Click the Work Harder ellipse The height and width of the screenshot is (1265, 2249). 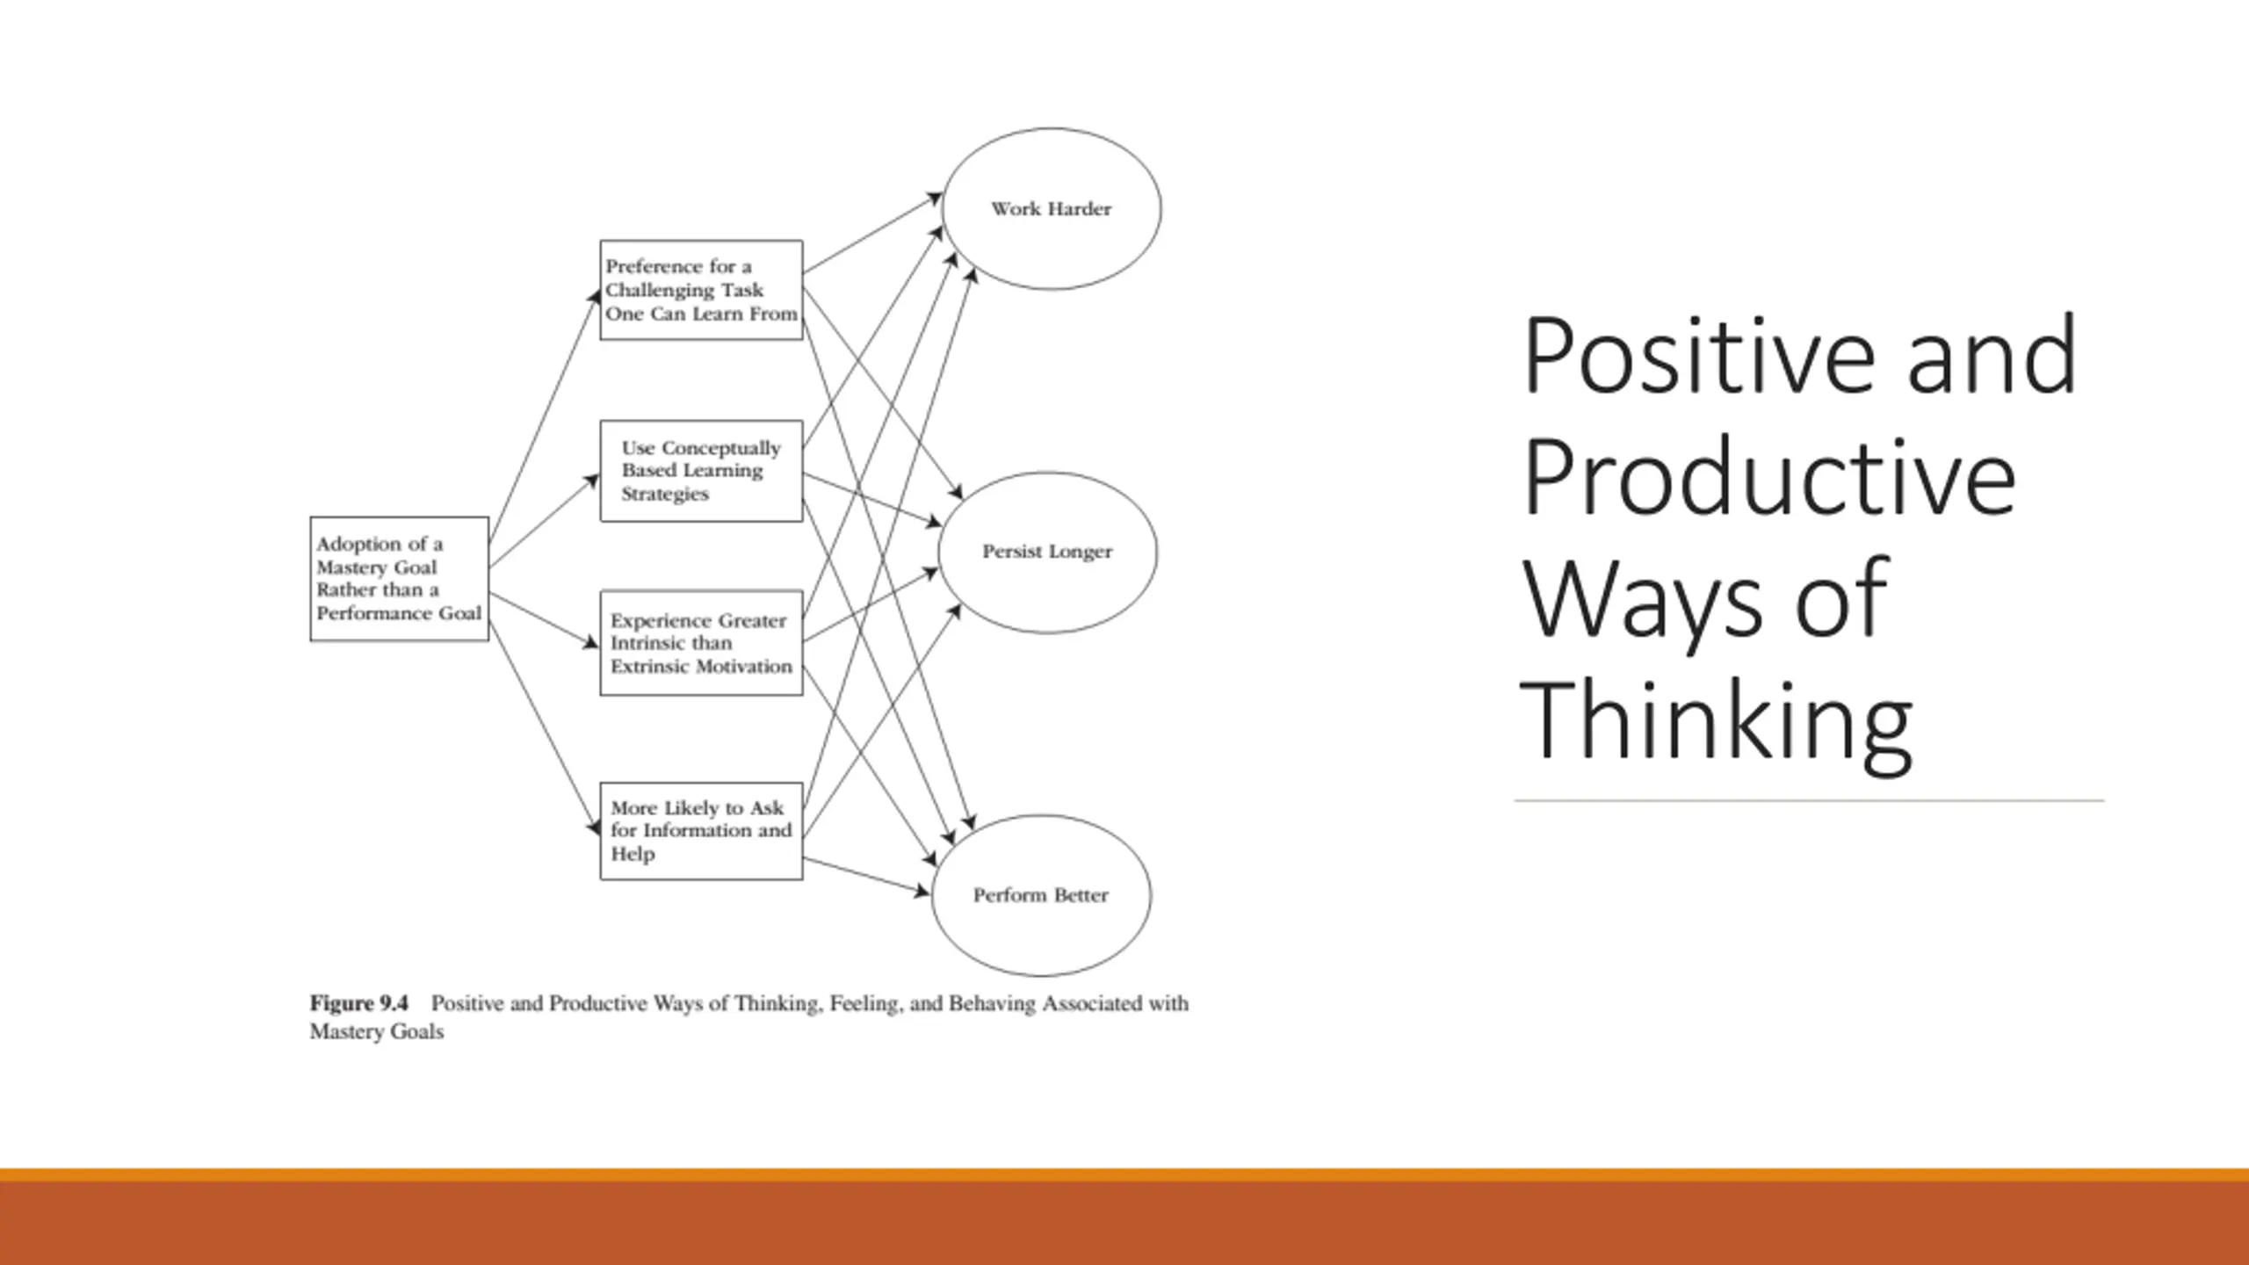pos(1051,209)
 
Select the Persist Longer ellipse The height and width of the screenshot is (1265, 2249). pos(1047,552)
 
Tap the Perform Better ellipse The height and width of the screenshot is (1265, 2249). pos(1041,895)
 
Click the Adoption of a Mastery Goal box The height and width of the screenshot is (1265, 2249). pos(400,579)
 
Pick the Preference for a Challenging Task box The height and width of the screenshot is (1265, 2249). pos(701,290)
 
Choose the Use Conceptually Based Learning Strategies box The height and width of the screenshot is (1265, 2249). pos(701,471)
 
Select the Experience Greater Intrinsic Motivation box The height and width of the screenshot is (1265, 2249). pos(701,643)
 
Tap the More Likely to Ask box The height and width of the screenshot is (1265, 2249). pos(701,831)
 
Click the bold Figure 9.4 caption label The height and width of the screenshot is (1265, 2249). pos(358,1003)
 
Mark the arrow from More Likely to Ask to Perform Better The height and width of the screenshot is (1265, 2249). pos(865,876)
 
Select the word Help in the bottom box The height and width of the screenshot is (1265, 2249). pos(633,854)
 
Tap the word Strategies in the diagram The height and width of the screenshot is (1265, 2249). pos(664,494)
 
